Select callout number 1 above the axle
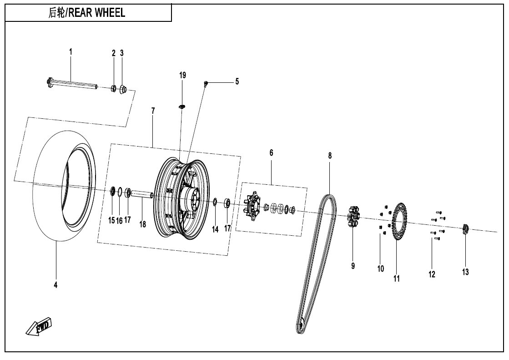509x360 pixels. [71, 52]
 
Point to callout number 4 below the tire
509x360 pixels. [55, 285]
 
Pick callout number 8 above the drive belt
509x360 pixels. [330, 156]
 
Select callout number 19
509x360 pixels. [182, 75]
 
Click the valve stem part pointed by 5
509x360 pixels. [206, 83]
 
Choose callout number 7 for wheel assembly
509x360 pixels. [153, 111]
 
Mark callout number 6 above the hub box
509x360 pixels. [271, 153]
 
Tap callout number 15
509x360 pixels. [111, 221]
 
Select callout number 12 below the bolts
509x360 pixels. [432, 274]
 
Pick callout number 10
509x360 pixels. [381, 269]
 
